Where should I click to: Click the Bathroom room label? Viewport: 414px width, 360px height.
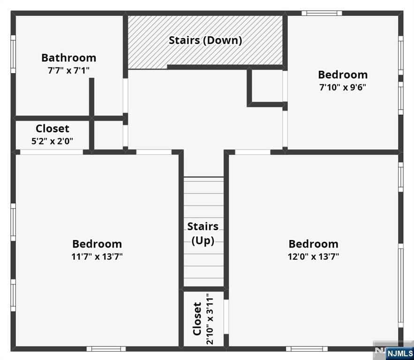[68, 58]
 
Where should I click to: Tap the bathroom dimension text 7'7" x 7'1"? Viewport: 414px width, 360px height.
[68, 70]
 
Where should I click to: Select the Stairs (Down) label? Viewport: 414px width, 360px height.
[205, 40]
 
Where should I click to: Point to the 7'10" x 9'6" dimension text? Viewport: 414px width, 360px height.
[342, 87]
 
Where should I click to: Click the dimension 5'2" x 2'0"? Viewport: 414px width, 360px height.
[52, 141]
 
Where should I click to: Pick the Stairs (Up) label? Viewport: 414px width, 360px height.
[203, 233]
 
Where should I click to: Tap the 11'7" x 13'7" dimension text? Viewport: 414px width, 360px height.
[97, 256]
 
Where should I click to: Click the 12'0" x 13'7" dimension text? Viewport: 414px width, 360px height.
[313, 256]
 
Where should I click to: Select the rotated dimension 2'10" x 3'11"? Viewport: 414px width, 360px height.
[209, 319]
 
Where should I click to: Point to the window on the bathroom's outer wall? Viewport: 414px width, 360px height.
[13, 54]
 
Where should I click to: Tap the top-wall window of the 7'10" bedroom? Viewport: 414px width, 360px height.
[322, 13]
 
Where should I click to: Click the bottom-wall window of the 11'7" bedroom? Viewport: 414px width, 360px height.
[106, 348]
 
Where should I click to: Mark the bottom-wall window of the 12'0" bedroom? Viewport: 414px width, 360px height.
[307, 348]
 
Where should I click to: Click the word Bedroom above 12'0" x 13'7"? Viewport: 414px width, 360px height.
[313, 244]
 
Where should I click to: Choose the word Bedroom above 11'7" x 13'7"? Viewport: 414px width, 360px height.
[97, 244]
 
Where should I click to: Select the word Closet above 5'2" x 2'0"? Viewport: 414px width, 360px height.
[52, 128]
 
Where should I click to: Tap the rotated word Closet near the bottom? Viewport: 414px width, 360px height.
[197, 319]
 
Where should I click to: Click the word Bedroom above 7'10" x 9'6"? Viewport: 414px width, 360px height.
[342, 75]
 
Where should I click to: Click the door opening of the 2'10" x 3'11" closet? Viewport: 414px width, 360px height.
[226, 316]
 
